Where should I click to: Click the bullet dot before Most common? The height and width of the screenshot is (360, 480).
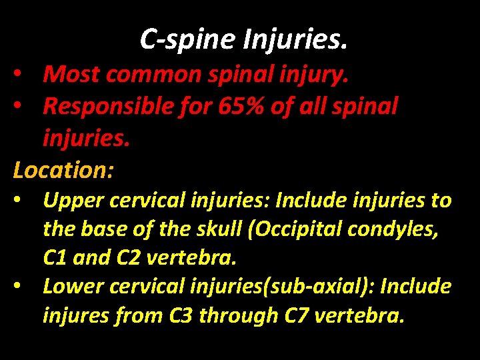coord(22,75)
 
